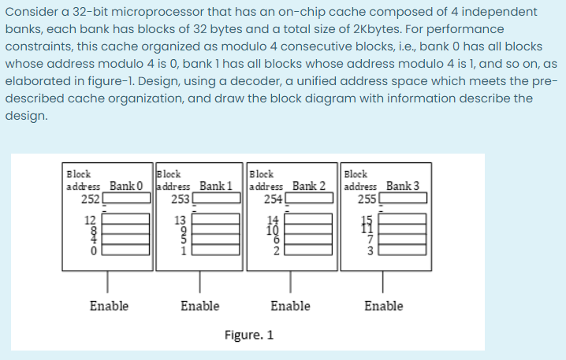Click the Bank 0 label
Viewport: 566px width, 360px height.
click(126, 185)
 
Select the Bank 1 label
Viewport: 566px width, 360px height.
click(216, 185)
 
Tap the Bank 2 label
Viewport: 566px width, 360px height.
click(309, 185)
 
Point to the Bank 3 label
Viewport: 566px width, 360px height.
click(402, 185)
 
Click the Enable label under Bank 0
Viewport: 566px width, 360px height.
click(109, 306)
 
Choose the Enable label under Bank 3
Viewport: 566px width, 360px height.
click(382, 306)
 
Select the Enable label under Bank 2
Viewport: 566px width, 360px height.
click(290, 306)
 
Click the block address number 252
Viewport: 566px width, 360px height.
click(88, 198)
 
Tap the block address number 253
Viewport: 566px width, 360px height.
click(180, 198)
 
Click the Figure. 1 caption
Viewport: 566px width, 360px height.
click(248, 335)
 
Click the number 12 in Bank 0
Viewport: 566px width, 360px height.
click(91, 219)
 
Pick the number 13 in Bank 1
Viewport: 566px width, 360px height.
click(182, 219)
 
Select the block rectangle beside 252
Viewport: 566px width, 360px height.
click(124, 199)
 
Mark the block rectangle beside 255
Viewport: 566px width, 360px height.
click(404, 199)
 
